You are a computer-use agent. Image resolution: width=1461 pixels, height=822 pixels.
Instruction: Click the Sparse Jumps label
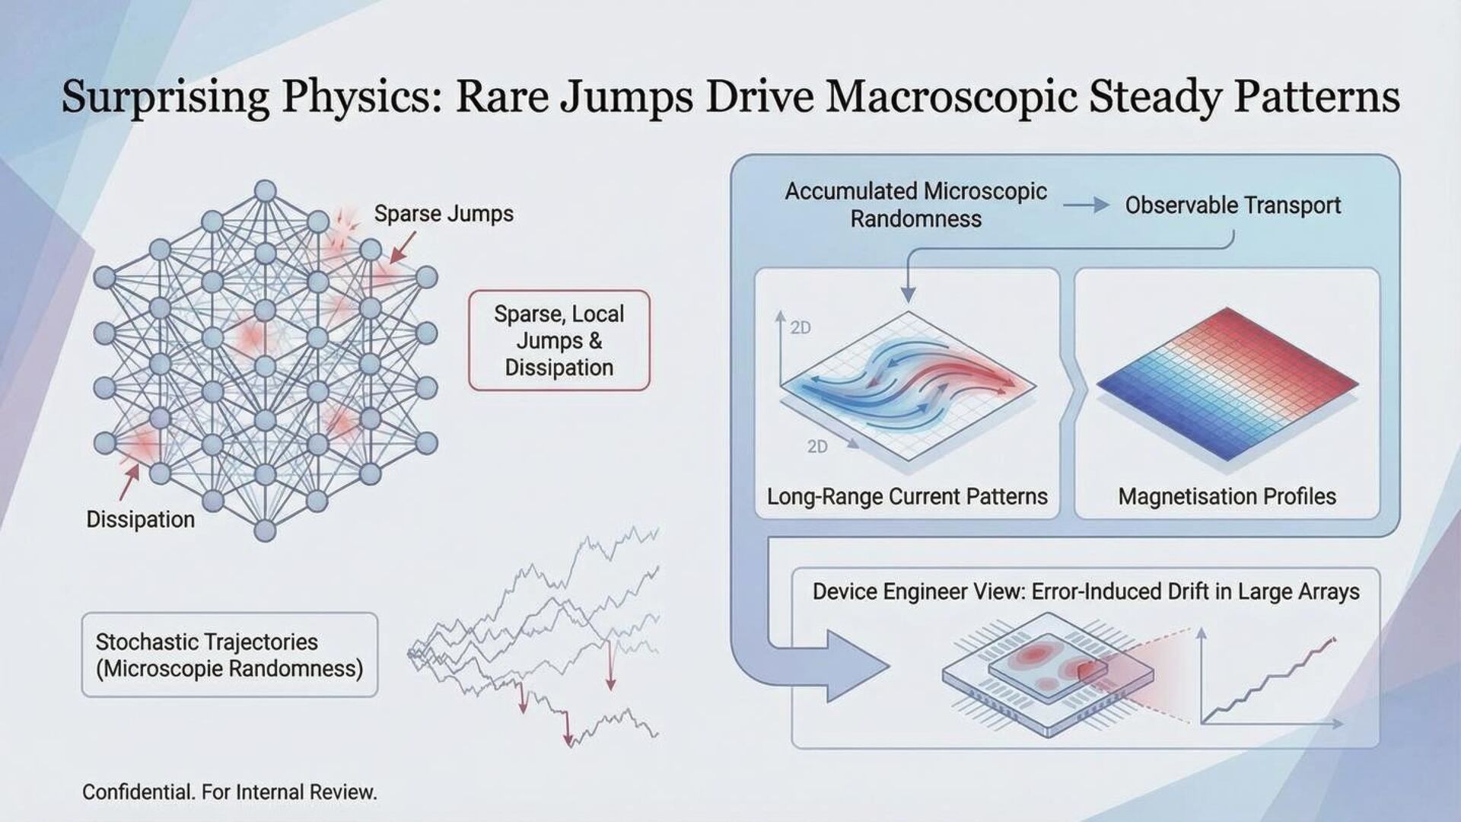(x=444, y=214)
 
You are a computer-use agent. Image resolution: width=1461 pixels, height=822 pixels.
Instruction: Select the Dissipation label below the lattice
(x=141, y=520)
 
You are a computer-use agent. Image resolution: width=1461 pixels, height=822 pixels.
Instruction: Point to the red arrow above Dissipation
(x=129, y=483)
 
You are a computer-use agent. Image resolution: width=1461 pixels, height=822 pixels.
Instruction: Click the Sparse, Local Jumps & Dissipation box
(x=559, y=340)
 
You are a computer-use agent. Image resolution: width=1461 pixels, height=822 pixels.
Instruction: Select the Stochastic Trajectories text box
(x=229, y=655)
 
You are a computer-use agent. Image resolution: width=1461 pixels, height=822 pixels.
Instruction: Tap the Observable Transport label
(x=1233, y=205)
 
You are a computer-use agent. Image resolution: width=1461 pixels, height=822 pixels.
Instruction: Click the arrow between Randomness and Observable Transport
(x=1086, y=205)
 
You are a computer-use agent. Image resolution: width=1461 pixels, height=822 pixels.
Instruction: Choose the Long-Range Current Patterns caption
(x=907, y=497)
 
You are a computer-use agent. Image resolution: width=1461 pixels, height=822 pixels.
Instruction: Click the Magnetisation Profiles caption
(x=1227, y=497)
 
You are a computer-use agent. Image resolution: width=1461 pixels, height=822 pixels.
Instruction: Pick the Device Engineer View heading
(x=1086, y=592)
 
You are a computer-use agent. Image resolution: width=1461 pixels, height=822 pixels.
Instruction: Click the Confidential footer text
(x=230, y=792)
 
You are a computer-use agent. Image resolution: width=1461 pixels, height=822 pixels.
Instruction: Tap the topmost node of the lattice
(x=265, y=190)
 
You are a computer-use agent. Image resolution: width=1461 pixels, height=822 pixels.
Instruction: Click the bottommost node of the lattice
(x=265, y=530)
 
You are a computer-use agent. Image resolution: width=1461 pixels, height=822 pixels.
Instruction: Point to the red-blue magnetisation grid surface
(x=1227, y=384)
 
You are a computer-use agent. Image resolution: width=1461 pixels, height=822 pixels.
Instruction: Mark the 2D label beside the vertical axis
(x=801, y=328)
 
